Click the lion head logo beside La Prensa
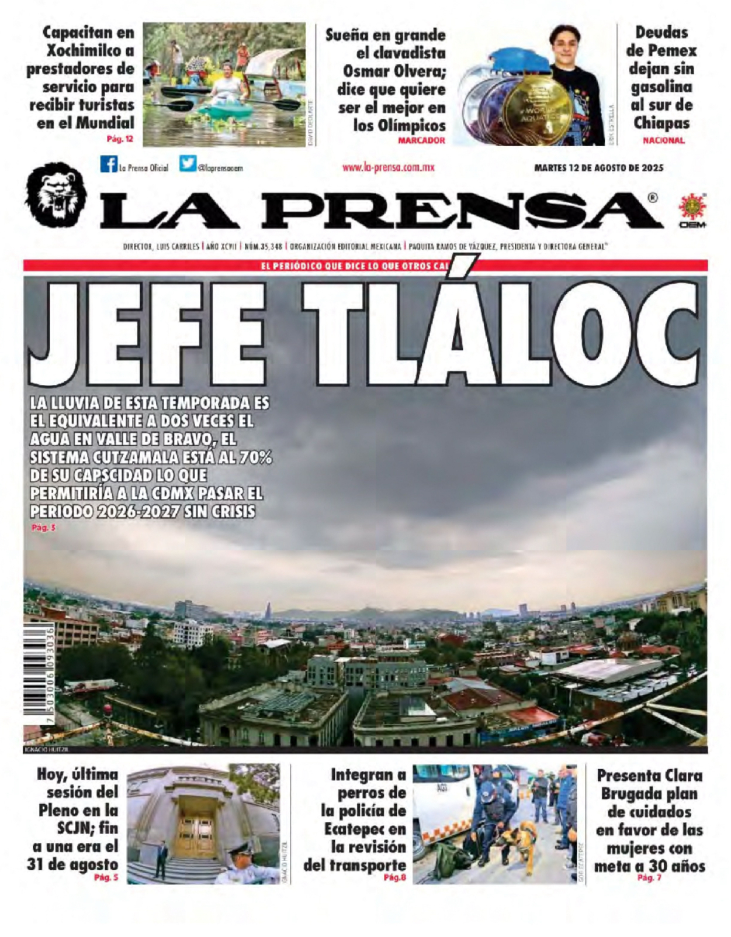pyautogui.click(x=56, y=195)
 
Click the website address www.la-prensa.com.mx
pyautogui.click(x=388, y=167)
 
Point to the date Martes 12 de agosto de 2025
pyautogui.click(x=598, y=168)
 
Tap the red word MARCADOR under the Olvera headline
pyautogui.click(x=421, y=140)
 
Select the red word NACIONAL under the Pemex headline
pyautogui.click(x=663, y=140)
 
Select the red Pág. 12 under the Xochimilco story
pyautogui.click(x=120, y=139)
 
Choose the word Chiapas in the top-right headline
pyautogui.click(x=661, y=123)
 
